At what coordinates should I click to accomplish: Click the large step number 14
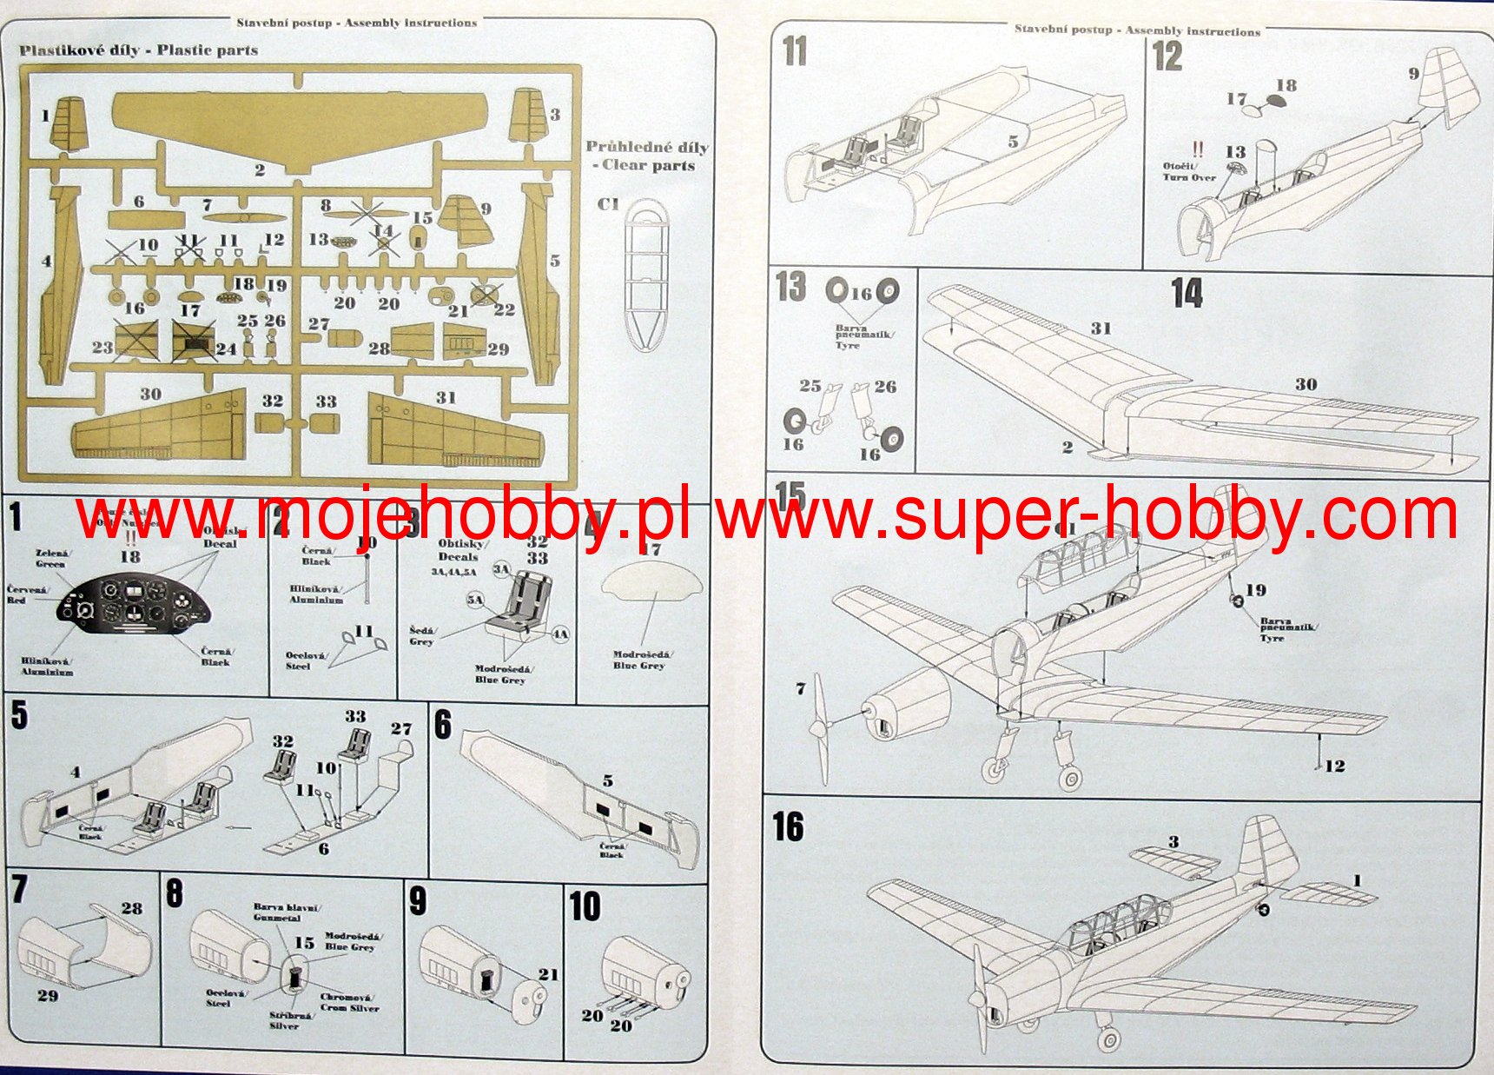pos(1187,294)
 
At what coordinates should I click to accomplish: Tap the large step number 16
pos(788,827)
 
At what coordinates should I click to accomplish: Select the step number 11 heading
pos(795,52)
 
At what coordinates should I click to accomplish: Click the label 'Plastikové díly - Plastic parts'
pos(139,50)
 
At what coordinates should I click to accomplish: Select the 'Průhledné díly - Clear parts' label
pos(646,156)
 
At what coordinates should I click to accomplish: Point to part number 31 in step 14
pos(1101,328)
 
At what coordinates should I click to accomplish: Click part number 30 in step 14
pos(1306,384)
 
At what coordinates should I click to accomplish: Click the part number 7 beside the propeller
pos(800,689)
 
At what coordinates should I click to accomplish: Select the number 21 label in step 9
pos(548,974)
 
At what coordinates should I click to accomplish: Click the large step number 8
pos(175,893)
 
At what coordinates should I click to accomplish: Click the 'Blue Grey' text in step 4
pos(640,666)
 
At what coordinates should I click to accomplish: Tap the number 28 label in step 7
pos(132,908)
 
